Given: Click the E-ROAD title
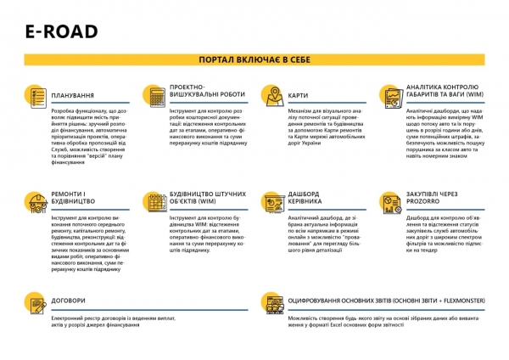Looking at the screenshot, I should tap(61, 32).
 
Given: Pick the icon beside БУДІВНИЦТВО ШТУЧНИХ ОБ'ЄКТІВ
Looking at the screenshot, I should tap(154, 201).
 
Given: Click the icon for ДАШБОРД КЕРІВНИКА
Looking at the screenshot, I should tap(273, 201).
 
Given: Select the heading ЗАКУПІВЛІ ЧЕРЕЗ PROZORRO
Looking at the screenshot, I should tap(438, 200).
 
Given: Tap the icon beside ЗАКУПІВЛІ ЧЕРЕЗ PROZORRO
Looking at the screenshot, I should tap(390, 201).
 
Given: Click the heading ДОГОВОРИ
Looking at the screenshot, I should tap(69, 300).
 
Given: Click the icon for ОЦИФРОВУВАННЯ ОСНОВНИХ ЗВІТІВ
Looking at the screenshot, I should tap(273, 302).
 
